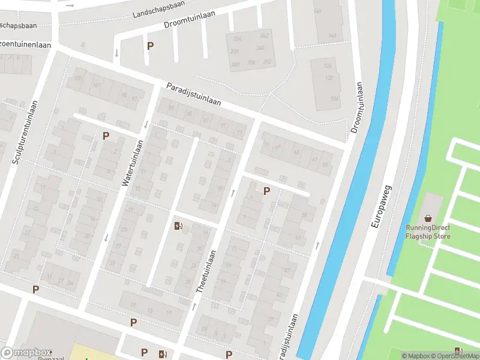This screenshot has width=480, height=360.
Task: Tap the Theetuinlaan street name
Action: (x=206, y=271)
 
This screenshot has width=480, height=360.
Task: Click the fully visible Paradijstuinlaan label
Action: (x=193, y=94)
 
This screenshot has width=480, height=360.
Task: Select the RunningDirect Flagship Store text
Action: (x=428, y=232)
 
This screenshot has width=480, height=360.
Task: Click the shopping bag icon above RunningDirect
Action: (x=428, y=218)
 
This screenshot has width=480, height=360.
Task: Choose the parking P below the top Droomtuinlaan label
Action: (x=150, y=46)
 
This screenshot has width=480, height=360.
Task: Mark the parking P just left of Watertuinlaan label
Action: (x=106, y=136)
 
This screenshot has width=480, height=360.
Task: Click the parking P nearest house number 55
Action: (x=266, y=191)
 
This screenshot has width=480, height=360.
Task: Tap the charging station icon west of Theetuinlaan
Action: (x=178, y=226)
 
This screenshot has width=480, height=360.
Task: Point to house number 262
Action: (x=264, y=36)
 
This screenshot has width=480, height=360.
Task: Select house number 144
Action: (x=332, y=36)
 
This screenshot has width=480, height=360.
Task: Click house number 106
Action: (x=334, y=98)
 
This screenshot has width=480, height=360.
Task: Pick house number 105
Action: (x=77, y=79)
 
